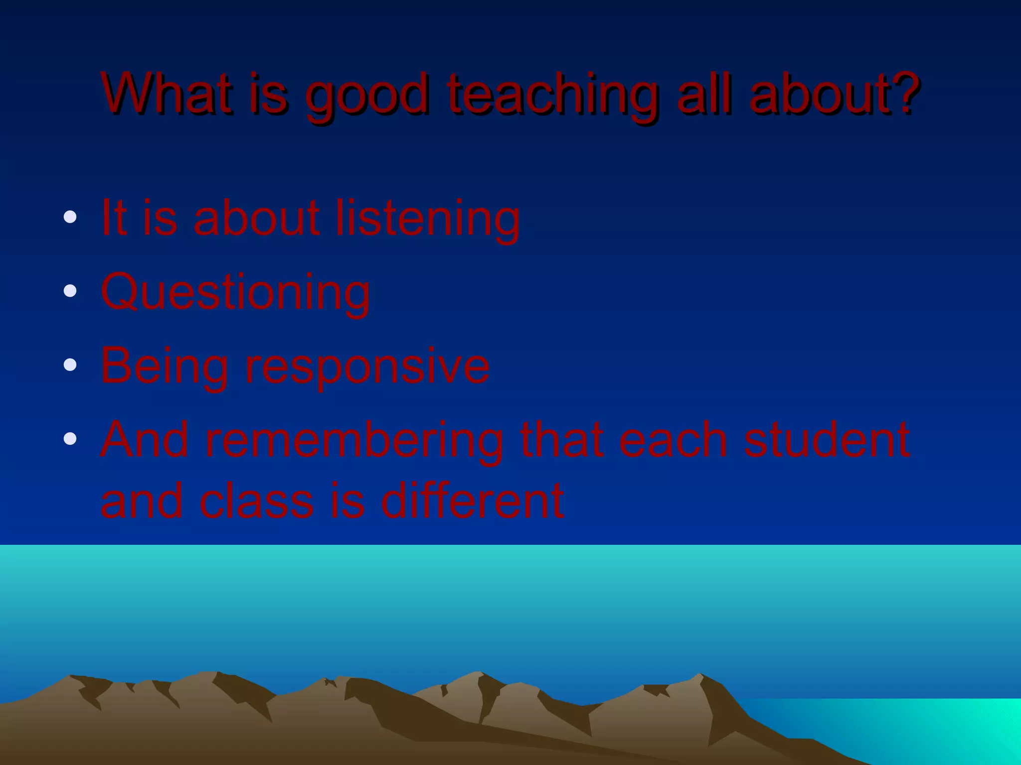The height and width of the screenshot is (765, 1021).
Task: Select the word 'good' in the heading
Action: click(x=366, y=97)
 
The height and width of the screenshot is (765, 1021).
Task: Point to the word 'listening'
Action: click(x=427, y=219)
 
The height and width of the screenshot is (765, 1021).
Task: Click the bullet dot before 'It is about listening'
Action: click(x=70, y=217)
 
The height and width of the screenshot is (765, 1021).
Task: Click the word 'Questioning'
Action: click(x=235, y=293)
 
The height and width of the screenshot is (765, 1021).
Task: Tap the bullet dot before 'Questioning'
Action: click(x=70, y=290)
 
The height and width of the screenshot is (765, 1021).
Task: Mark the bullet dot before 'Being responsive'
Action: click(x=70, y=365)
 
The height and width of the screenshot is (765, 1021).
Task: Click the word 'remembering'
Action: click(x=354, y=441)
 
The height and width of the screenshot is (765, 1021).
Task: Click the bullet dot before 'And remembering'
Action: click(x=70, y=438)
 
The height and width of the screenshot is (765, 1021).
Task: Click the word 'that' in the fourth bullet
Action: click(x=561, y=439)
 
